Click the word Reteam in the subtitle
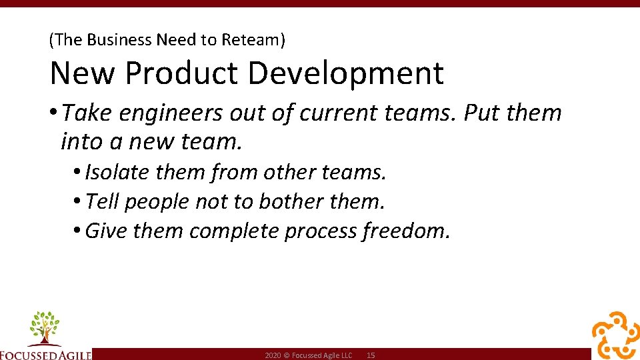pyautogui.click(x=254, y=40)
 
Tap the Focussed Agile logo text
pyautogui.click(x=45, y=355)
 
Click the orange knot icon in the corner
pyautogui.click(x=615, y=335)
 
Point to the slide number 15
pyautogui.click(x=371, y=356)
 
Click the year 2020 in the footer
pyautogui.click(x=273, y=356)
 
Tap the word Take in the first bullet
pyautogui.click(x=87, y=114)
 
